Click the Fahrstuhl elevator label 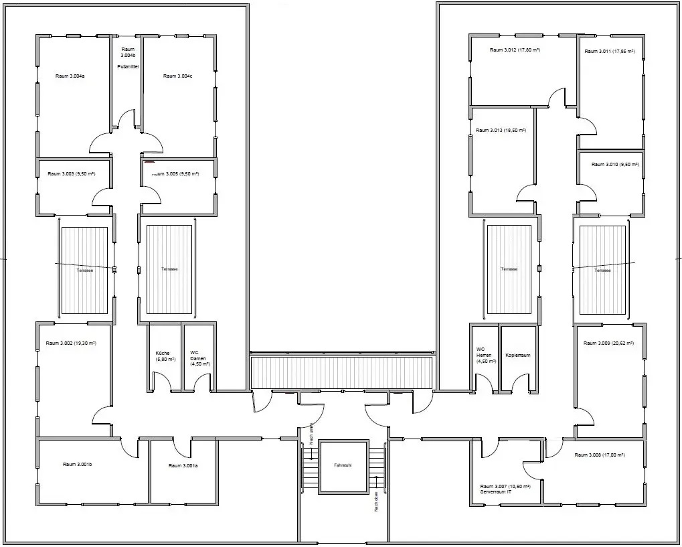tap(343, 465)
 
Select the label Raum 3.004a tap(70, 76)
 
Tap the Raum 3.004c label tap(177, 76)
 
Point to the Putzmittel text tap(127, 67)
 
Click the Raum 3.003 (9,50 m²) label tap(71, 174)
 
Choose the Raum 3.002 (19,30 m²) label tap(71, 343)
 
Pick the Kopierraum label tap(517, 356)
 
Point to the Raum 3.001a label tap(183, 465)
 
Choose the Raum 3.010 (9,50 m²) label tap(614, 165)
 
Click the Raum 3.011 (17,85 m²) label tap(610, 51)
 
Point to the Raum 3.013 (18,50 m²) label tap(500, 131)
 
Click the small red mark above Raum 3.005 tap(149, 163)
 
